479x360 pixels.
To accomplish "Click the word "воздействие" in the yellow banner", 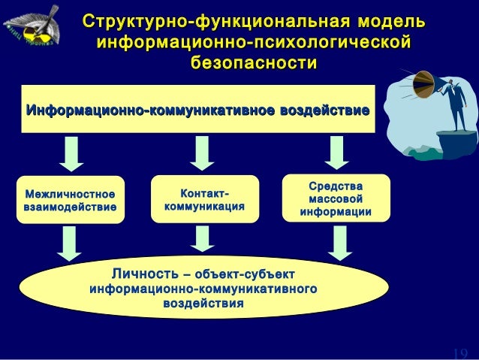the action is [x=324, y=111].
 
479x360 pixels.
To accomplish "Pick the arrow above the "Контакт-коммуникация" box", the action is [x=202, y=153].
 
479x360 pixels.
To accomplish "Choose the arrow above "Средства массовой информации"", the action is [x=336, y=153].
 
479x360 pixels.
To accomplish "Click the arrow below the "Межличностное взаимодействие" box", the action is [x=71, y=243].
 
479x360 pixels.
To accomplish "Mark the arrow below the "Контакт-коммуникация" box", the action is [x=202, y=239].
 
